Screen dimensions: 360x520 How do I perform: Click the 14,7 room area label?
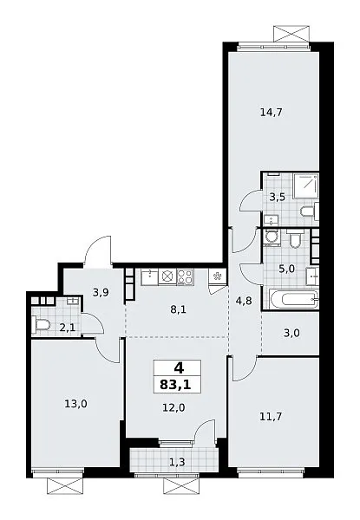pos(271,113)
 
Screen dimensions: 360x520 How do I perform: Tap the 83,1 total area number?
pos(175,385)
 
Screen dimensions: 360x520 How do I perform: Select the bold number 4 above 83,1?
pos(179,367)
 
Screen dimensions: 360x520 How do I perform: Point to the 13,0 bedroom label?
pos(76,404)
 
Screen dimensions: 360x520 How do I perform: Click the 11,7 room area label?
pos(271,416)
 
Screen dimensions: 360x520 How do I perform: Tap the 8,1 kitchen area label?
pos(179,309)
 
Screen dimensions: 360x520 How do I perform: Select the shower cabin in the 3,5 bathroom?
pos(305,185)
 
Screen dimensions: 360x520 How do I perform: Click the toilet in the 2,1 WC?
pos(41,323)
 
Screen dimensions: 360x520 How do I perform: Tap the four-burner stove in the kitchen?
pos(186,277)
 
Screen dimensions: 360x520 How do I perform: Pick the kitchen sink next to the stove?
pos(150,277)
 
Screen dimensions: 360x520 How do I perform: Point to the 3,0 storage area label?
pos(292,333)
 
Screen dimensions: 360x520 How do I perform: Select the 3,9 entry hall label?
pos(101,293)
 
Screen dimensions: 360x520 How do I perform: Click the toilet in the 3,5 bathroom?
pos(309,211)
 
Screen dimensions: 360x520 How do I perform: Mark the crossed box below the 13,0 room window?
pos(64,486)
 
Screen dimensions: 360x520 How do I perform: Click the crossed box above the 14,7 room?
pos(292,34)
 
